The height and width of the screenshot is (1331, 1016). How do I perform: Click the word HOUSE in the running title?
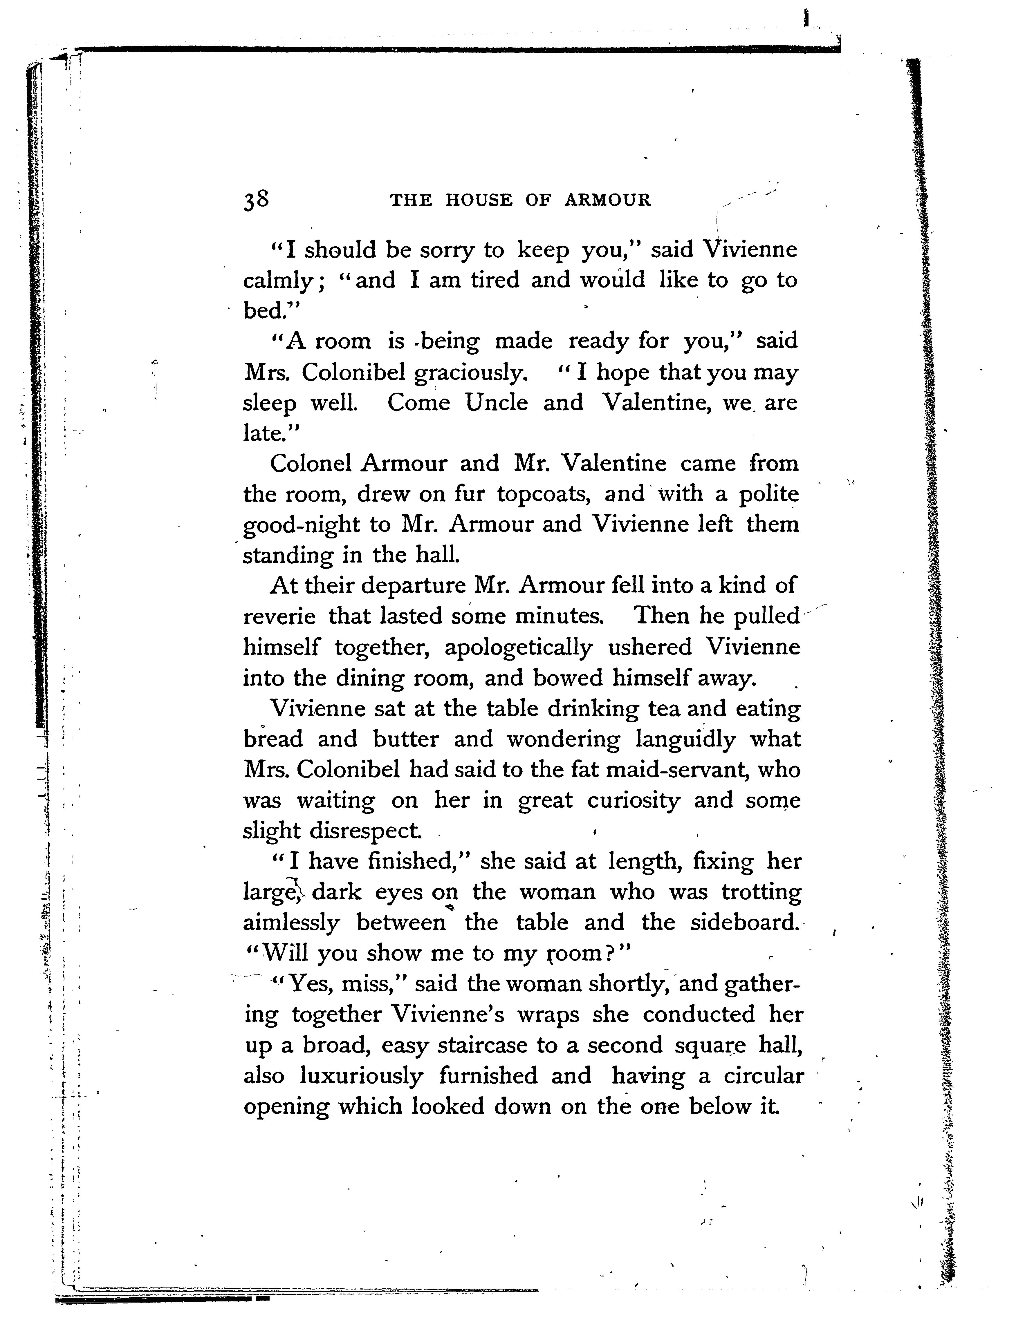click(x=478, y=200)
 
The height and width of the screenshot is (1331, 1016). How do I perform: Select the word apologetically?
click(x=518, y=647)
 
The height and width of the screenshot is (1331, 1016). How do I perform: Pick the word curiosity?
click(x=633, y=801)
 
